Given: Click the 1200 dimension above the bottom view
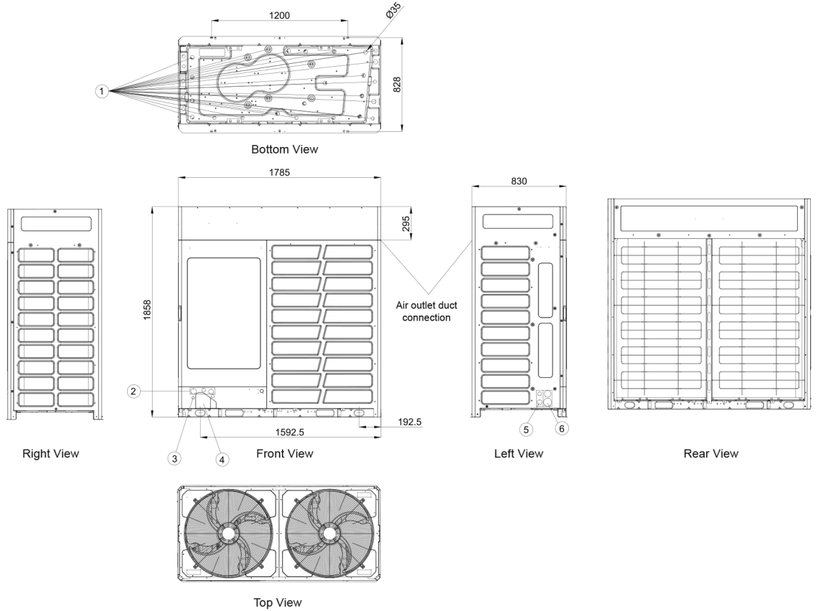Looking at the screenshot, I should click(280, 15).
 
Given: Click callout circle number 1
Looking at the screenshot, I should click(102, 91).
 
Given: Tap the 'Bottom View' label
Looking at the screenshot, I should click(284, 149).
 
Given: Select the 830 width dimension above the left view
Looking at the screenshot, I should click(518, 181).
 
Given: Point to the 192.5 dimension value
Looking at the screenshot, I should click(409, 423).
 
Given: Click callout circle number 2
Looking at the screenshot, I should click(133, 392).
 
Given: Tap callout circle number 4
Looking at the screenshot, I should click(222, 460).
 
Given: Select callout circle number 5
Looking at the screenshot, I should click(526, 429).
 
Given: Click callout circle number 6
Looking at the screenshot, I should click(561, 429).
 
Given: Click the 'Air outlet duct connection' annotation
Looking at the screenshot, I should click(426, 311).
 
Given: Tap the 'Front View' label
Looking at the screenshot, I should click(284, 453).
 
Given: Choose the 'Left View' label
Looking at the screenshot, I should click(518, 453).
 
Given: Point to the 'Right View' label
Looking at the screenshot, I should click(50, 453).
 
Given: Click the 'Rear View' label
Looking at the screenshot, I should click(710, 453).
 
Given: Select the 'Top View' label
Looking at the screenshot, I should click(278, 602).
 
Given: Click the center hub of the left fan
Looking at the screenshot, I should click(228, 533).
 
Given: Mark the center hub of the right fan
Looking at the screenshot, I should click(330, 533).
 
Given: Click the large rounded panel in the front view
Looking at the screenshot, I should click(224, 313).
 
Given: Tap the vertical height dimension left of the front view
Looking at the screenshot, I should click(146, 310).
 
